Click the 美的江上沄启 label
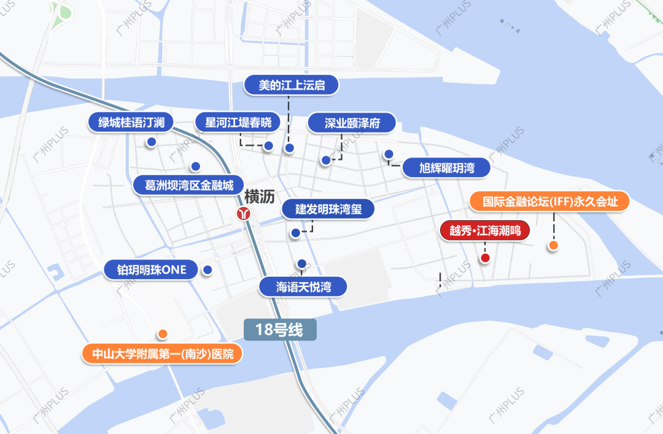(x=292, y=85)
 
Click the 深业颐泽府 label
(x=352, y=124)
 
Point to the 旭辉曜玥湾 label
(x=446, y=168)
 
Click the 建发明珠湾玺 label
(x=328, y=209)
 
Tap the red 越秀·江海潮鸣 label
(x=485, y=232)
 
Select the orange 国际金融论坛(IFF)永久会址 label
(x=550, y=202)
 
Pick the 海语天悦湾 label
(x=303, y=286)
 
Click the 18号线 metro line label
(x=280, y=329)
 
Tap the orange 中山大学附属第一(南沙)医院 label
(x=163, y=354)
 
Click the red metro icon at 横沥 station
(x=244, y=213)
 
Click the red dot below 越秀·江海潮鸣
(x=485, y=258)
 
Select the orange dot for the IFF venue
(x=553, y=246)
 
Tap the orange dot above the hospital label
(x=163, y=334)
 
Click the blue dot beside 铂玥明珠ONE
(x=207, y=269)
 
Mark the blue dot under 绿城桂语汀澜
(x=151, y=142)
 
